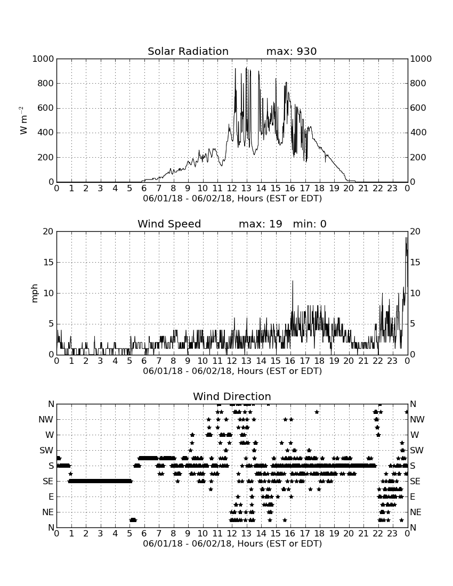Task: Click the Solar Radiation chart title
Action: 188,51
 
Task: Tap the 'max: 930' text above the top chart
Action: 292,51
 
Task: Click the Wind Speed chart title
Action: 169,224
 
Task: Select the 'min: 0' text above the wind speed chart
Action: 310,224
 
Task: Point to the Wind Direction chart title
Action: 232,396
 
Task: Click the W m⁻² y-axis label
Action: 23,120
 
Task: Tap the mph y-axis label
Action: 35,293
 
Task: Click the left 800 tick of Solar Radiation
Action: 46,83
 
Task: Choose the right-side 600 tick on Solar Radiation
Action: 418,108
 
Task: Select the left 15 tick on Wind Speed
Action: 48,262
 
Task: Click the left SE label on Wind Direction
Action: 48,482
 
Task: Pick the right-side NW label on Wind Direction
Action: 417,420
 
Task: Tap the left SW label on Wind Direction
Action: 46,450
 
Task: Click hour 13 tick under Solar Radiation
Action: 246,188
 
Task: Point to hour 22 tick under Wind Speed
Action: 378,361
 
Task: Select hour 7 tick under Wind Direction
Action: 159,533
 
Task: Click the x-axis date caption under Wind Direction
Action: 232,543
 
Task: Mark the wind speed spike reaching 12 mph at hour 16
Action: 293,281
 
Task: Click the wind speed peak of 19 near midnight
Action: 406,238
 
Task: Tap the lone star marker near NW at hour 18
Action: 317,412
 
